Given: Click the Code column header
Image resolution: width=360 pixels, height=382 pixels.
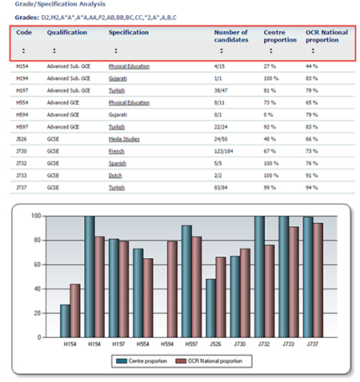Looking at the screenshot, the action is (x=24, y=33).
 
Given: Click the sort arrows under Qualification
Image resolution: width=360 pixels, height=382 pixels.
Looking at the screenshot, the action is (x=54, y=50).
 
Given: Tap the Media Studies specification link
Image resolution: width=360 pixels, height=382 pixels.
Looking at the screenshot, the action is (x=124, y=139).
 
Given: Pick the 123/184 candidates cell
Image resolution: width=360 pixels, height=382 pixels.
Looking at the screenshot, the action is (x=223, y=151).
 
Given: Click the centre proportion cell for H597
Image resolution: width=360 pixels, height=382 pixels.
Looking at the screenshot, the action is (x=270, y=127).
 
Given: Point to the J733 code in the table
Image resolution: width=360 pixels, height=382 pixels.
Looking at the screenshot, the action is (x=22, y=176).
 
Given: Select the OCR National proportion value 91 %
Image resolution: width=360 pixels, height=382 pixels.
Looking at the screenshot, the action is (x=311, y=176).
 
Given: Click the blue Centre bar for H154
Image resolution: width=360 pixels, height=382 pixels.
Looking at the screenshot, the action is (x=66, y=321).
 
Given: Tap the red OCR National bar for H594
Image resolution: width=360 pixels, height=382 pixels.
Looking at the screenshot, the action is (x=172, y=289).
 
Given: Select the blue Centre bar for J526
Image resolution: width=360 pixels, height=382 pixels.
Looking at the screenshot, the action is (x=211, y=308).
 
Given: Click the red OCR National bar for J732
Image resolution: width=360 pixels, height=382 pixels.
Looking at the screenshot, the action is (x=270, y=291).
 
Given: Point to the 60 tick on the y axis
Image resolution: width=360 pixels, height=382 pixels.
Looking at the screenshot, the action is (x=37, y=265).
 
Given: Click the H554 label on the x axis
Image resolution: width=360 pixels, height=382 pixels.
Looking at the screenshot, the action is (x=142, y=344).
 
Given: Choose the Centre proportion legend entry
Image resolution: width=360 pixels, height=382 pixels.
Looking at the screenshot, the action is (x=142, y=361).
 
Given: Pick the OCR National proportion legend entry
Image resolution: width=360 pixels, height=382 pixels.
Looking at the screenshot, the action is (x=209, y=361).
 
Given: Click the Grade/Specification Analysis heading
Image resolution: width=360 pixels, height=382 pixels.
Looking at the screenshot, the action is (x=60, y=4).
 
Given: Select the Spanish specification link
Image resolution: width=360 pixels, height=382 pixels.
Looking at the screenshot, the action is (x=118, y=163).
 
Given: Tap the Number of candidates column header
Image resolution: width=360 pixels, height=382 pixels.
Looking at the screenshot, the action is (x=231, y=36).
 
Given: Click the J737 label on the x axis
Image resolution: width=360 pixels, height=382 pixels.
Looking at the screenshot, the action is (x=312, y=344).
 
